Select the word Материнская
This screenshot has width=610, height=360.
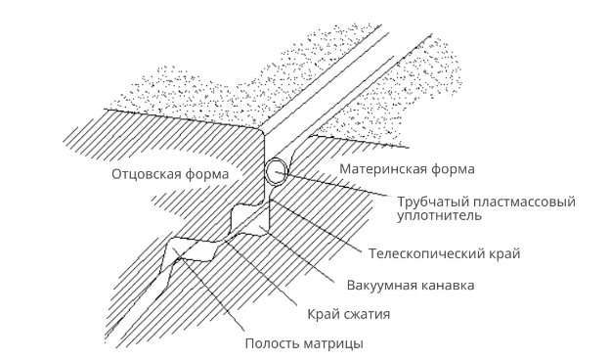(x=383, y=169)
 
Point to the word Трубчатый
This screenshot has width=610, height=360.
(x=432, y=202)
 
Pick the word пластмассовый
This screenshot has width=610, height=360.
(x=523, y=202)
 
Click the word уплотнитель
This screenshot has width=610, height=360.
(x=439, y=215)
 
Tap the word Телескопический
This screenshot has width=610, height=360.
(x=425, y=253)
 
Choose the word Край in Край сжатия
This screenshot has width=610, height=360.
(x=323, y=314)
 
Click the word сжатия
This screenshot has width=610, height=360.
(x=366, y=314)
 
